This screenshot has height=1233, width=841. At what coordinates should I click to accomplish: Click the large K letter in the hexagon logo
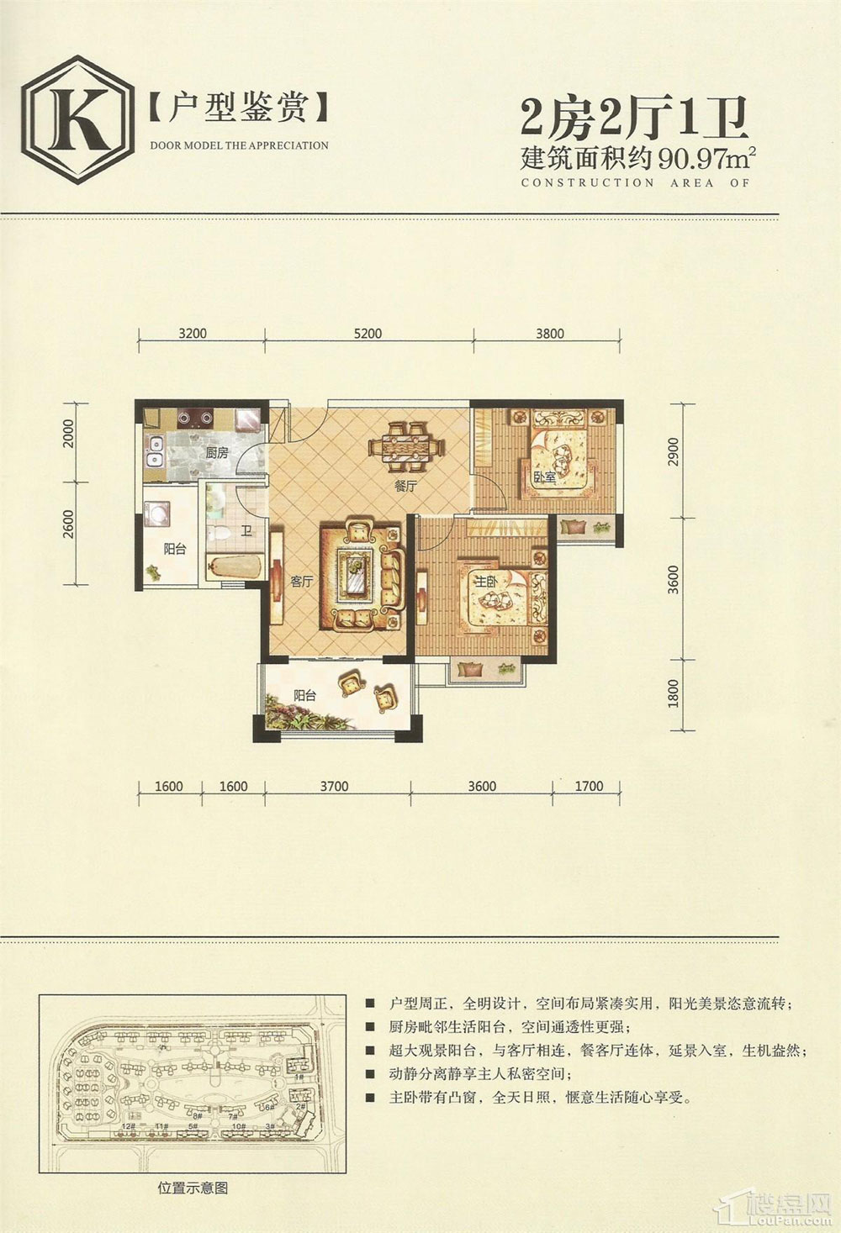pyautogui.click(x=77, y=119)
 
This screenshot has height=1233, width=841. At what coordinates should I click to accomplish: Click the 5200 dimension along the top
pyautogui.click(x=368, y=334)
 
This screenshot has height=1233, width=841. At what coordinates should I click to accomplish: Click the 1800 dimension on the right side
pyautogui.click(x=672, y=693)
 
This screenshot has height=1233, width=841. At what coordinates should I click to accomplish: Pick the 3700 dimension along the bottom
pyautogui.click(x=334, y=787)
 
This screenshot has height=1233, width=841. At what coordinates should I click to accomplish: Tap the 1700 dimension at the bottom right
pyautogui.click(x=589, y=787)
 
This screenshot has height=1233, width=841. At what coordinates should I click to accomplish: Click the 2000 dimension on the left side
pyautogui.click(x=69, y=434)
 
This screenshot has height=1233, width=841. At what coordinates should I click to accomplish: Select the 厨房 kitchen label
pyautogui.click(x=217, y=453)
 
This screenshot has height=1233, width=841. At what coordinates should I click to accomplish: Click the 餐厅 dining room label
pyautogui.click(x=405, y=486)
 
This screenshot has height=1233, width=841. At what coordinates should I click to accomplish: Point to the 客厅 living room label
pyautogui.click(x=301, y=582)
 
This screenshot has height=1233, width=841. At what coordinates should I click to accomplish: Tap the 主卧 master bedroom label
pyautogui.click(x=485, y=582)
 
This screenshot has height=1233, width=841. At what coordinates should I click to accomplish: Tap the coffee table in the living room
pyautogui.click(x=357, y=575)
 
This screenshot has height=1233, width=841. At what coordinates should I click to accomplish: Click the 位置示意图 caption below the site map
pyautogui.click(x=193, y=1188)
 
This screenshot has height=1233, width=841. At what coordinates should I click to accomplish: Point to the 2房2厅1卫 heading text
pyautogui.click(x=635, y=118)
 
